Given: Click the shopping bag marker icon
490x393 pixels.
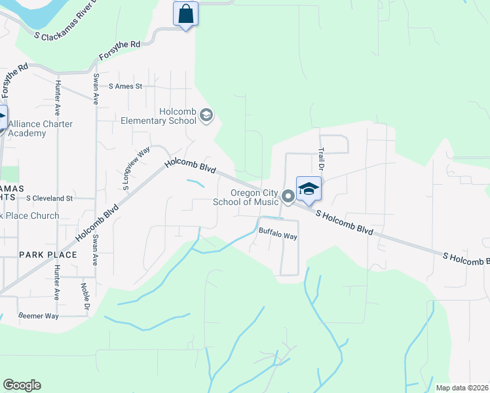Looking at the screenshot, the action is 186,14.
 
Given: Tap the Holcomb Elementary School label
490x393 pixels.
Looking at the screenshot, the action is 159,116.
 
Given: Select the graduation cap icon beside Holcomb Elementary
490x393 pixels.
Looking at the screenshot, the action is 206,117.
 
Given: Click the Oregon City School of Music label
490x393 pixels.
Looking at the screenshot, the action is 246,197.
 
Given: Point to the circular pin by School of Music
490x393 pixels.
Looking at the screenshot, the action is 287,196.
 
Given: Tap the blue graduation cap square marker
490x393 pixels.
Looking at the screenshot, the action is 309,189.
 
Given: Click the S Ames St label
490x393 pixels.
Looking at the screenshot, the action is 126,86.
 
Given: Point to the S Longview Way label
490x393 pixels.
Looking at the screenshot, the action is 136,169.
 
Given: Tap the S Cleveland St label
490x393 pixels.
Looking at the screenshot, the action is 50,197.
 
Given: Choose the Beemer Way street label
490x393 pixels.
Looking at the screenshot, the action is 39,316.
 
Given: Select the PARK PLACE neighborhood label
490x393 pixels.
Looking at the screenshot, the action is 48,254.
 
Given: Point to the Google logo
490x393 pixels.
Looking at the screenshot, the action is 22,385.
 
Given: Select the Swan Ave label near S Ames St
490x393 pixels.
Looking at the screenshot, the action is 96,88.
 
